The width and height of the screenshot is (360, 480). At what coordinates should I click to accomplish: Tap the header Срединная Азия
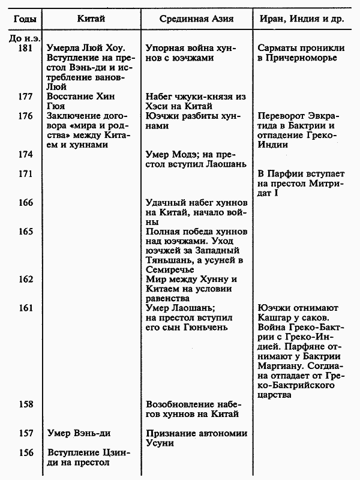[197, 20]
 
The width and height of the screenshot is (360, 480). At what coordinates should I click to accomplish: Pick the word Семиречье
[173, 270]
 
